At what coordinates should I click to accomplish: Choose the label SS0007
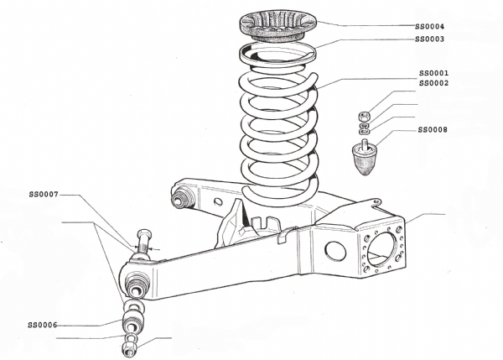(43, 195)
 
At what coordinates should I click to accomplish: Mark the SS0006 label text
(43, 325)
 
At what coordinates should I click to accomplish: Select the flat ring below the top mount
(272, 53)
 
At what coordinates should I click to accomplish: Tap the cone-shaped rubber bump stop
(366, 160)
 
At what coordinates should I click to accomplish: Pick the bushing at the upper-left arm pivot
(181, 200)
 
